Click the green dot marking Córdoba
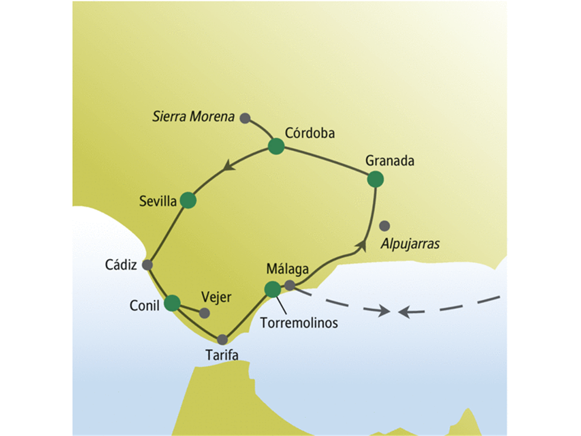pyautogui.click(x=276, y=146)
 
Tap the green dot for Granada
pyautogui.click(x=375, y=179)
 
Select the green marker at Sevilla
pyautogui.click(x=188, y=200)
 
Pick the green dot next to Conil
pyautogui.click(x=172, y=303)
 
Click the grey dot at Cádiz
pyautogui.click(x=147, y=265)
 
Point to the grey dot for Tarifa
pyautogui.click(x=222, y=340)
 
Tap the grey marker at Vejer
pyautogui.click(x=204, y=313)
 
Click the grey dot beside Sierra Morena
pyautogui.click(x=245, y=118)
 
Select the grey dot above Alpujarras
pyautogui.click(x=384, y=226)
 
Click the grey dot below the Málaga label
pyautogui.click(x=290, y=285)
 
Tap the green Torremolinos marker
pyautogui.click(x=273, y=289)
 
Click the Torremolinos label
pyautogui.click(x=299, y=323)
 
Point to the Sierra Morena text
pyautogui.click(x=194, y=116)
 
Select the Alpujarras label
pyautogui.click(x=410, y=244)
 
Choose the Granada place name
pyautogui.click(x=390, y=161)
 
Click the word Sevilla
pyautogui.click(x=158, y=201)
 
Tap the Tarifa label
pyautogui.click(x=222, y=355)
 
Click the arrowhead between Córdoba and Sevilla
pyautogui.click(x=229, y=166)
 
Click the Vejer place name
pyautogui.click(x=216, y=297)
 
